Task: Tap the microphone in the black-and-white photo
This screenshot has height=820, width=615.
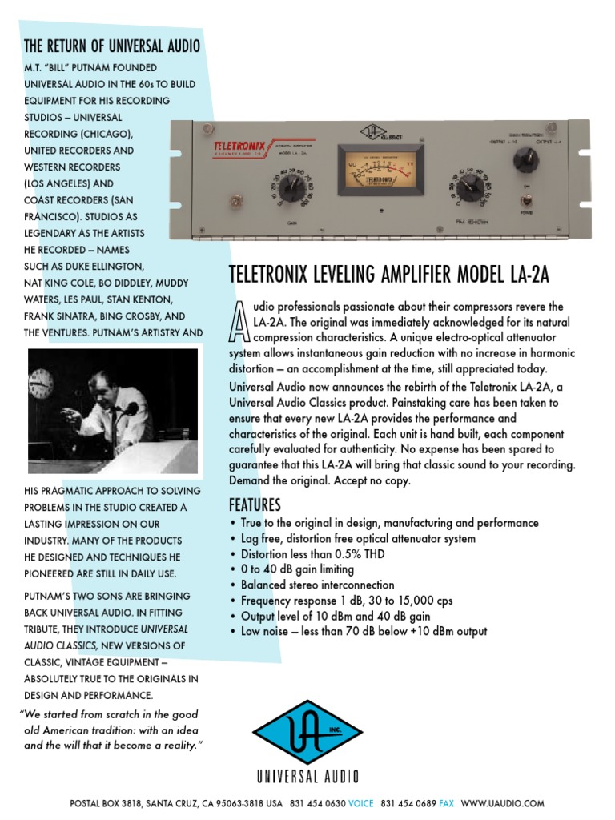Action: click(128, 410)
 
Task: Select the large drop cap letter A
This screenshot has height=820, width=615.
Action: click(239, 323)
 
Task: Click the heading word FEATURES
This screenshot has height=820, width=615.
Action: click(255, 505)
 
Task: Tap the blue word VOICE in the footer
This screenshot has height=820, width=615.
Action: click(358, 803)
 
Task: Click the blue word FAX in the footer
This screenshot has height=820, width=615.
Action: click(447, 803)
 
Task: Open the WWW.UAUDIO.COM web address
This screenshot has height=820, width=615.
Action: click(503, 803)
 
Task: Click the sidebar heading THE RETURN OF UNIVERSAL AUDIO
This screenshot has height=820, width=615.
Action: click(112, 45)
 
